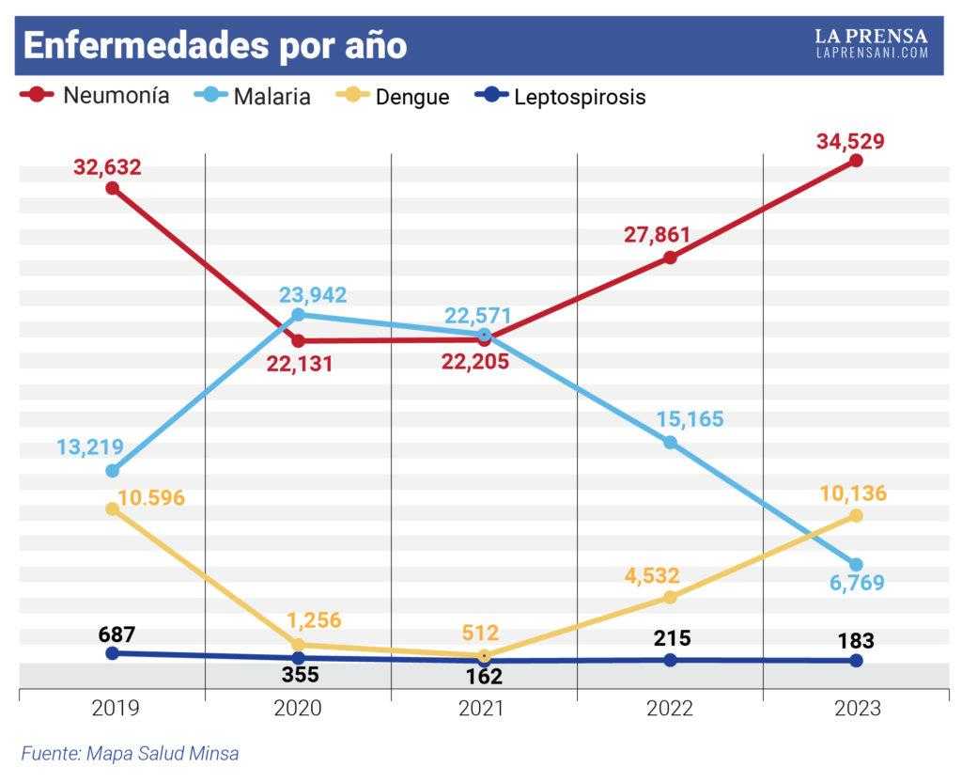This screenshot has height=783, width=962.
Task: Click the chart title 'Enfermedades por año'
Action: pos(215,45)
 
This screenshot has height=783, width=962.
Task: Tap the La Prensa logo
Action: pos(872,43)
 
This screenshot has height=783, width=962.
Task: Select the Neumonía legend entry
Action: pos(95,96)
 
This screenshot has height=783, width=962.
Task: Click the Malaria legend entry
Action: pos(252,96)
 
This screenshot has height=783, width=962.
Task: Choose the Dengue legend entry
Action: pos(394,96)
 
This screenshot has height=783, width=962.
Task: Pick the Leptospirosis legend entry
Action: pos(561,96)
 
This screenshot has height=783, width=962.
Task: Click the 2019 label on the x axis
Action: pos(116,708)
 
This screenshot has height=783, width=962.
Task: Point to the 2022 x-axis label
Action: pos(669,708)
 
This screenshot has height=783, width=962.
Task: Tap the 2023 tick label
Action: pos(857,708)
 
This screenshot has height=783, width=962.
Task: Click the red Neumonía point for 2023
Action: pos(857,161)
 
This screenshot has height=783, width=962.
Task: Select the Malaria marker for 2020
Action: pos(298,315)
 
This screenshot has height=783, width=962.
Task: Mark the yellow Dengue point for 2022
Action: pos(671,597)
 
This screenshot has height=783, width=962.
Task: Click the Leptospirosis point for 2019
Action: pos(113,653)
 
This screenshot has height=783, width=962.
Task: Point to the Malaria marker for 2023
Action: pos(857,565)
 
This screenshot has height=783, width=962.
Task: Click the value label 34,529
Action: pos(850,141)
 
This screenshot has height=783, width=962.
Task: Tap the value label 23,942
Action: pos(313,295)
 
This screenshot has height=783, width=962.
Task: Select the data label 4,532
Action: pos(652,575)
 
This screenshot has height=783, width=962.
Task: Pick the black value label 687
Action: pos(116,634)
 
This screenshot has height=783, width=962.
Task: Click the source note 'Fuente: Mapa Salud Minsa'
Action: pos(130,753)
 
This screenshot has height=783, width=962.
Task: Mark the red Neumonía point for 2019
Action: pos(113,188)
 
